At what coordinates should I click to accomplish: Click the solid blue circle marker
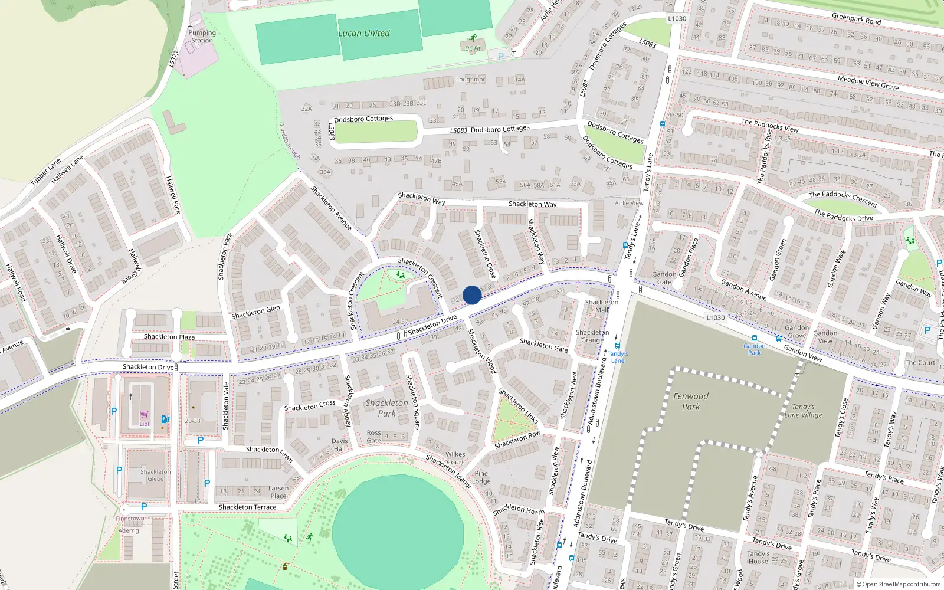point(472,295)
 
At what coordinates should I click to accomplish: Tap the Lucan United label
point(363,34)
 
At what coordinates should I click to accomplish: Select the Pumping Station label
point(202,37)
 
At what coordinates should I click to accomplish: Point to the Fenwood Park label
point(691,401)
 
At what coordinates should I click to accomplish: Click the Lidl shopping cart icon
point(145,415)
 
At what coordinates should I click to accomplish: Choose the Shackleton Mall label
point(601,306)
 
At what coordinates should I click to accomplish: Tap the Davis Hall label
point(339,445)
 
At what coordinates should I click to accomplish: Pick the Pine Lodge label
point(481,477)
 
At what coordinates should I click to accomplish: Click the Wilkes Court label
point(455,458)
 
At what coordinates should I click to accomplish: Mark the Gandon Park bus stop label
point(754,349)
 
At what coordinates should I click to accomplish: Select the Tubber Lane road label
point(45,172)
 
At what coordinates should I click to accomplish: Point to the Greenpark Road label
point(856,19)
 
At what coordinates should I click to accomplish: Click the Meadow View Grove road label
point(868,83)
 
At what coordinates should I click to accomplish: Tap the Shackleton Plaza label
point(169,337)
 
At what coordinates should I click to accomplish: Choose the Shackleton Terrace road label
point(247,507)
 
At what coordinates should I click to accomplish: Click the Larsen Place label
point(278,492)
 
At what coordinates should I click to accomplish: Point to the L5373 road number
point(173,58)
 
